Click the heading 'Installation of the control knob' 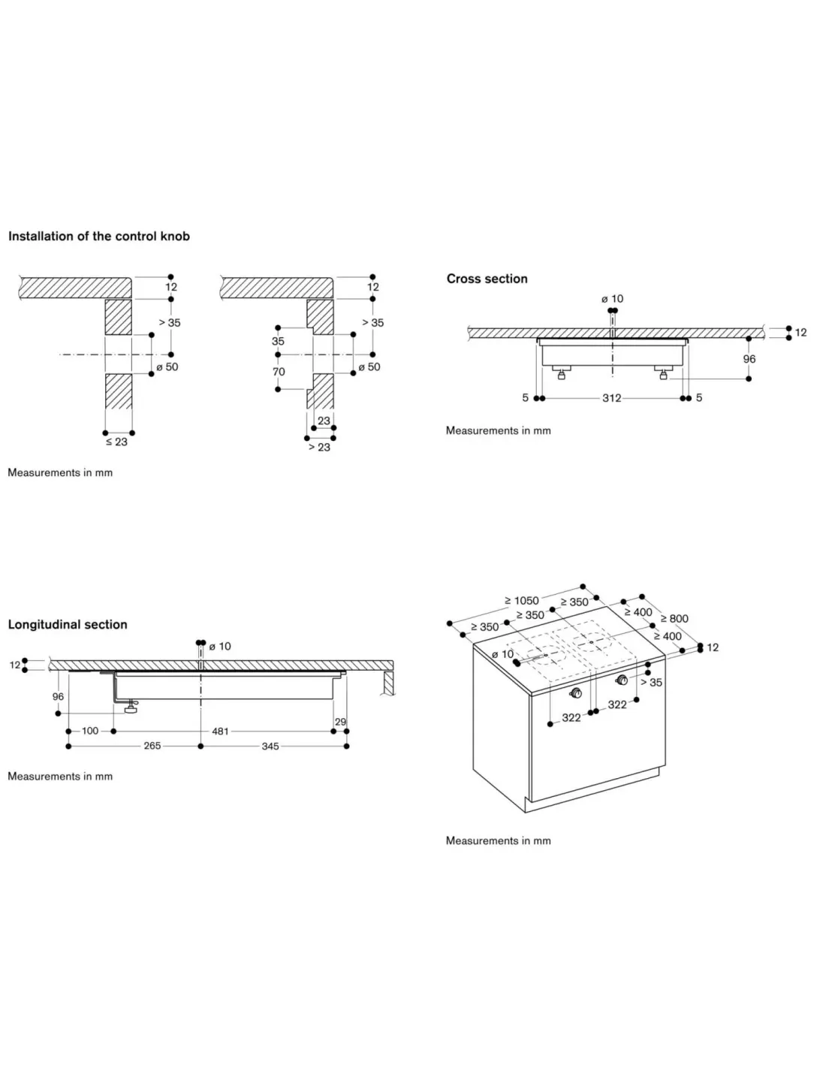coord(99,237)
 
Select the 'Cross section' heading coord(487,279)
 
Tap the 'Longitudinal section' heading coord(68,624)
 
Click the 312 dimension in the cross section coord(612,398)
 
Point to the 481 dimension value coord(220,732)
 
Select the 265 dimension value coord(152,746)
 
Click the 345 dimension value coord(270,746)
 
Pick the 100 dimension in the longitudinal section coord(90,731)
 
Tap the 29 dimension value coord(340,722)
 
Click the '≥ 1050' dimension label coord(522,601)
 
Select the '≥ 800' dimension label coord(674,619)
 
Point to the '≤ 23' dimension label coord(116,442)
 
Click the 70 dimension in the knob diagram coord(279,372)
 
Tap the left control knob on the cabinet coord(575,693)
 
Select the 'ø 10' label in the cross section coord(612,299)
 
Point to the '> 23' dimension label coord(319,447)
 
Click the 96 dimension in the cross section coord(749,359)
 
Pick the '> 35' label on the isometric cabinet coord(651,683)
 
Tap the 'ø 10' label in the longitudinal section coord(220,647)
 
